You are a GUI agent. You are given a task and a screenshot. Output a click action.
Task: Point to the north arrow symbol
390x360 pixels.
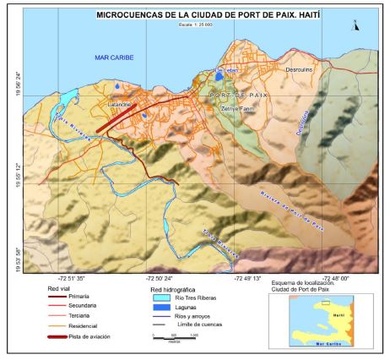pos(356,25)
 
